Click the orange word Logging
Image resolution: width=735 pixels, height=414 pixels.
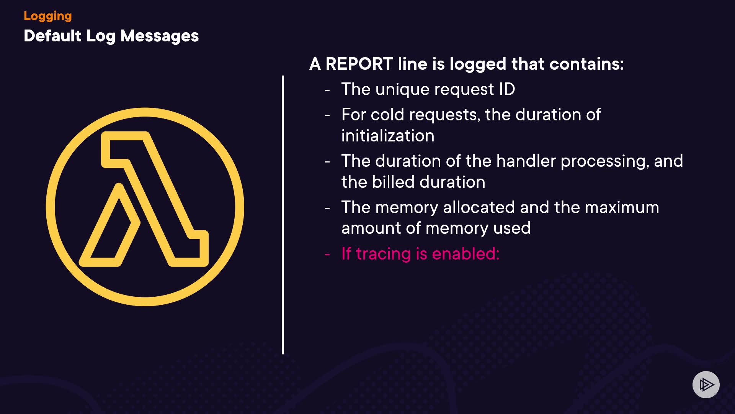[48, 16]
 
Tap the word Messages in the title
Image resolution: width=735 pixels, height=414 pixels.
[160, 36]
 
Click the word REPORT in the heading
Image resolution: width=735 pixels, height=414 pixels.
[359, 64]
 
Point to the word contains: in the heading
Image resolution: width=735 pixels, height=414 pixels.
[586, 64]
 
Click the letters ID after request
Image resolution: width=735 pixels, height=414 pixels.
[507, 89]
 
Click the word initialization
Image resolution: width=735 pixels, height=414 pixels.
[388, 136]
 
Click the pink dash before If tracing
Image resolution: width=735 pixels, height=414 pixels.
[327, 255]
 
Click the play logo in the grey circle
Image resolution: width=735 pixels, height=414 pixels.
[706, 384]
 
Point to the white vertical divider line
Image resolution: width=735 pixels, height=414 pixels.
[283, 215]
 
